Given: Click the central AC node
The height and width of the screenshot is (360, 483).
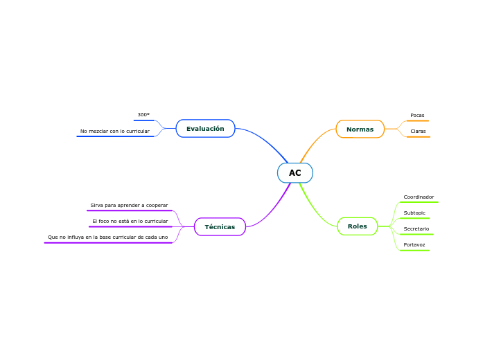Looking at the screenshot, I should click(x=295, y=172).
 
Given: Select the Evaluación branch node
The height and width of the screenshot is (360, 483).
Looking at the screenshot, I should click(x=205, y=128).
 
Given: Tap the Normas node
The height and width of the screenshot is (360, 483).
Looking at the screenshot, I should click(x=360, y=129).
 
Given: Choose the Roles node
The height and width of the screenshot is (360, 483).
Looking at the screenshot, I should click(x=358, y=226).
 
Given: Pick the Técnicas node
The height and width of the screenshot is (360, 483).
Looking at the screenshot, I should click(x=220, y=226).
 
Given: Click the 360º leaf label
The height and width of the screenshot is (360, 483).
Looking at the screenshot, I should click(x=143, y=114).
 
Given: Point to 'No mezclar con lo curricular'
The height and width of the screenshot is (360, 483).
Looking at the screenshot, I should click(x=114, y=131).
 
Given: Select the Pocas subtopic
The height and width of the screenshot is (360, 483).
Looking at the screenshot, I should click(x=417, y=115).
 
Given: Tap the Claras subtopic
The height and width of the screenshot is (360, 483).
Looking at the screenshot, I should click(x=418, y=131).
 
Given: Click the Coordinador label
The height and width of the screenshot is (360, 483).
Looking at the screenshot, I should click(x=419, y=197).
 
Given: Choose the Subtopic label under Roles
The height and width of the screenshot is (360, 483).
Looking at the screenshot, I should click(x=414, y=213).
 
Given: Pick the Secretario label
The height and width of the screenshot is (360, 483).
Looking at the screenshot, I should click(x=416, y=228).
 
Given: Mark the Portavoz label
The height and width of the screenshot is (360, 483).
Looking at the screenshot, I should click(x=414, y=244).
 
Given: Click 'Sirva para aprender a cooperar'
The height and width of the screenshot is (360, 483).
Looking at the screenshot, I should click(x=129, y=205).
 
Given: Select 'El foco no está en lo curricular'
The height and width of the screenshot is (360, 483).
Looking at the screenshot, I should click(x=130, y=221).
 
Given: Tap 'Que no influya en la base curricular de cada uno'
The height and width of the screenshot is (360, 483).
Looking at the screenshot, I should click(x=107, y=237).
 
